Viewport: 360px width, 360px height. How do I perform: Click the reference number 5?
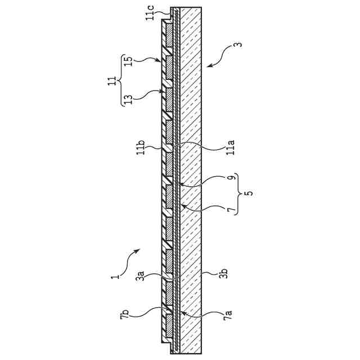click(249, 192)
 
